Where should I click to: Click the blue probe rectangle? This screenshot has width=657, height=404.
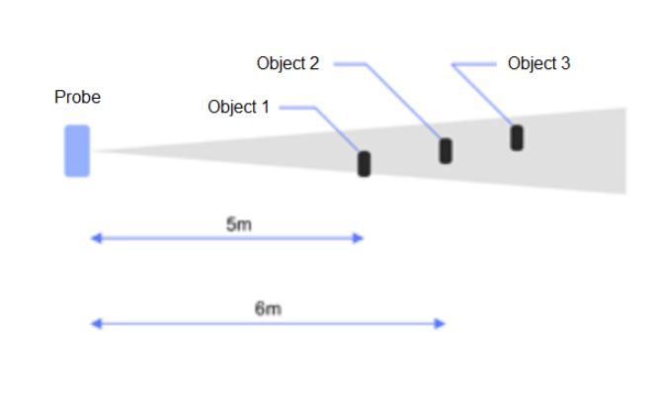pos(77,151)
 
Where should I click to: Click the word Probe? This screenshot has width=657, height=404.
pos(77,98)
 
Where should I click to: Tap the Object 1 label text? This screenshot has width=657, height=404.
pos(238,107)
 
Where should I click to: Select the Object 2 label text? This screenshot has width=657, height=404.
pos(287,64)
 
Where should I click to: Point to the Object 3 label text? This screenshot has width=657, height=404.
pos(538,64)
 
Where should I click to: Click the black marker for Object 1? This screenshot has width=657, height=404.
pos(364,164)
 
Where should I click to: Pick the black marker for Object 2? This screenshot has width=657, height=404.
pos(446,151)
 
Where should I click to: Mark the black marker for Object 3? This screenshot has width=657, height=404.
pos(517,137)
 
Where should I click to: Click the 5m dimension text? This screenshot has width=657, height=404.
pos(239,224)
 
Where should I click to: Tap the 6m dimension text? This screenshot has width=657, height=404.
pos(268,309)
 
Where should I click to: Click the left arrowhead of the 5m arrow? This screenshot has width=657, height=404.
pos(95,238)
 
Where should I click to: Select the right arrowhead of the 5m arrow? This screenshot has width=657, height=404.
pos(360,238)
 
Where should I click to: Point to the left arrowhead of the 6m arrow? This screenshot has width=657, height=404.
pos(95,323)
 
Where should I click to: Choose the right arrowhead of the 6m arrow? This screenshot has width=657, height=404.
pos(442,323)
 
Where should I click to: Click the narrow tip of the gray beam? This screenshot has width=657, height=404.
pos(99,151)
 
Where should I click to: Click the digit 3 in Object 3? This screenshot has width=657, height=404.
pos(565,64)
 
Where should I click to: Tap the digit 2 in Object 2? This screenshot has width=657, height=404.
pos(314,64)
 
